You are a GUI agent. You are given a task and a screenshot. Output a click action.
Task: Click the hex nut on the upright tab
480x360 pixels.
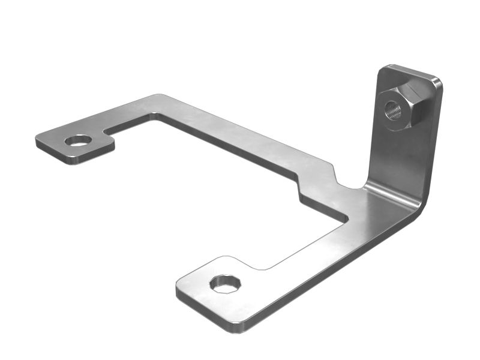click(x=403, y=107)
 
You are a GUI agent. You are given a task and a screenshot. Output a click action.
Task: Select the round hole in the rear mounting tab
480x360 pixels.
click(x=78, y=140)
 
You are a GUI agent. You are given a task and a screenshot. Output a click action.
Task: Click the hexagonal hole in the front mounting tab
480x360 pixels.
click(x=225, y=283)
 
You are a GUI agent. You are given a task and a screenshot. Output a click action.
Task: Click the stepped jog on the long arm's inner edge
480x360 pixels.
click(x=315, y=180)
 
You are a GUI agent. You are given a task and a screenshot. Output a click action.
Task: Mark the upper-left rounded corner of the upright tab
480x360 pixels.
click(x=384, y=69)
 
